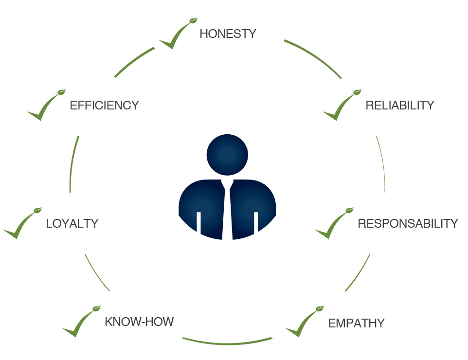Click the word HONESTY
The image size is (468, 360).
228,34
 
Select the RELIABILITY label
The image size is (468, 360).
400,106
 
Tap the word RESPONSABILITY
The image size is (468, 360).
408,224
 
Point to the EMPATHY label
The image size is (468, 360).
357,324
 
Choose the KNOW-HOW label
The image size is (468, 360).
139,322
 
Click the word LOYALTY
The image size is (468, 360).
72,224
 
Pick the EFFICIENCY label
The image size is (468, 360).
104,106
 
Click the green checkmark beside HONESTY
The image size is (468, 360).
178,33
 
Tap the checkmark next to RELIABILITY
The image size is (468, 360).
342,105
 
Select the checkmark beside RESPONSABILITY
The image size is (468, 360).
334,223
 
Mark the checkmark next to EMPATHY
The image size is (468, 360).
305,321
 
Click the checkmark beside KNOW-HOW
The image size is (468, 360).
81,321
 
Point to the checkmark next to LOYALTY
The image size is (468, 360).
22,223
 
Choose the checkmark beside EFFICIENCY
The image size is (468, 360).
46,105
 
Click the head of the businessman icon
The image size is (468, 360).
227,155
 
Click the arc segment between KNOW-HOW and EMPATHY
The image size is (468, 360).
227,343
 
